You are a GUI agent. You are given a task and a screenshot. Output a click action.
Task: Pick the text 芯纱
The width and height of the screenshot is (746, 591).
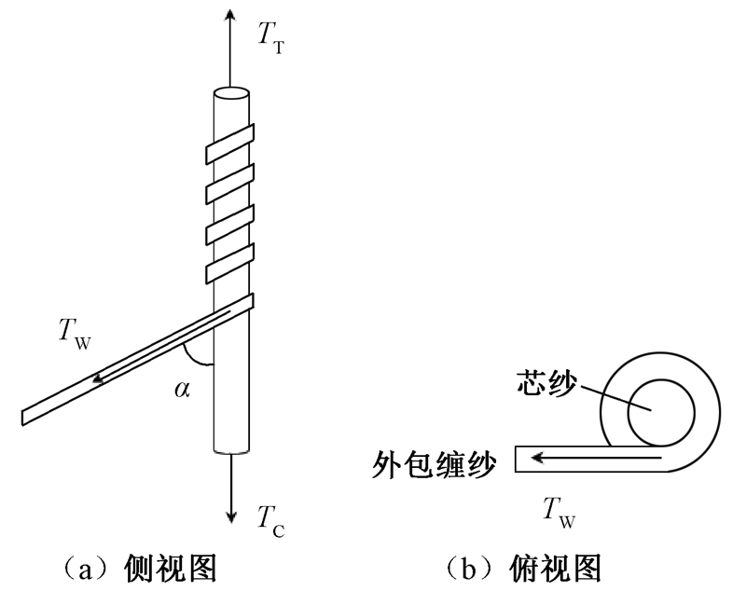pyautogui.click(x=544, y=385)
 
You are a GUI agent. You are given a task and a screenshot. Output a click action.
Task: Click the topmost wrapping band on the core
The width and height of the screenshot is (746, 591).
pyautogui.click(x=230, y=142)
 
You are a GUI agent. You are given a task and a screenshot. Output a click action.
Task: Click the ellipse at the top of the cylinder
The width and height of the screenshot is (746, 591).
pyautogui.click(x=230, y=93)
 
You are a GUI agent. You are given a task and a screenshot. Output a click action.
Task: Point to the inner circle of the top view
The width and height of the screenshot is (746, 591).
pyautogui.click(x=660, y=411)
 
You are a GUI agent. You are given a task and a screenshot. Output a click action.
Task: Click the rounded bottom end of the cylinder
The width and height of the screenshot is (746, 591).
pyautogui.click(x=231, y=450)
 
